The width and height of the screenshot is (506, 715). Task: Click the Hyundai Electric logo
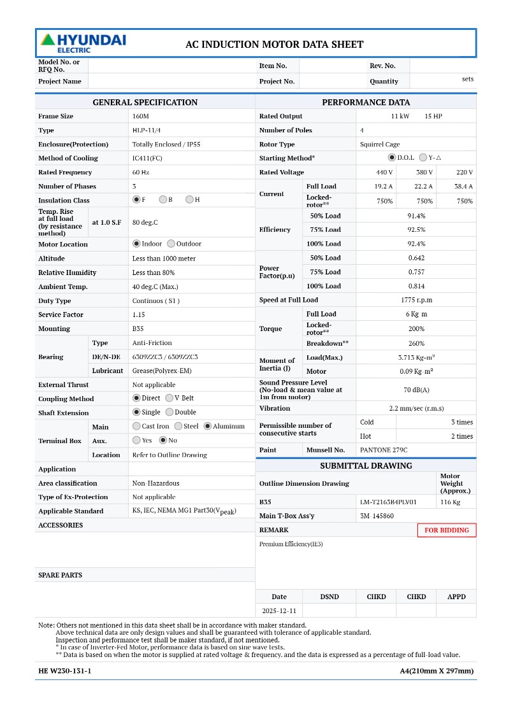(x=83, y=43)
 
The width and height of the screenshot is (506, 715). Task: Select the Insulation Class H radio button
(x=189, y=200)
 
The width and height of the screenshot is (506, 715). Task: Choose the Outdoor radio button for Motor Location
(x=171, y=244)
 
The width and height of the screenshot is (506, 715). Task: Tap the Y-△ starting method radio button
(x=423, y=157)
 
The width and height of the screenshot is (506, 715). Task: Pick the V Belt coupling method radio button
(x=169, y=398)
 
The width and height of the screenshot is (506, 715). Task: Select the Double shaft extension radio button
(x=169, y=412)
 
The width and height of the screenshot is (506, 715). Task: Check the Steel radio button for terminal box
(x=178, y=427)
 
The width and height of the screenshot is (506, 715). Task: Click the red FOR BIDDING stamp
(x=446, y=530)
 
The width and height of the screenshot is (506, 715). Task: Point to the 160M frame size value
(x=140, y=117)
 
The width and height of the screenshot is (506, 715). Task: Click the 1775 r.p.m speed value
(x=416, y=300)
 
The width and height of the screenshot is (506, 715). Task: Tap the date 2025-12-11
(x=279, y=611)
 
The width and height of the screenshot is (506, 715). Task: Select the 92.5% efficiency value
(x=416, y=230)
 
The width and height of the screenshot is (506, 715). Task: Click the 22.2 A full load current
(x=423, y=187)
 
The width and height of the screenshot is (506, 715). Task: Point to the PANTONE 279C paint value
(x=384, y=450)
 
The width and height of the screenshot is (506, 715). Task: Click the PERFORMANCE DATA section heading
(x=366, y=103)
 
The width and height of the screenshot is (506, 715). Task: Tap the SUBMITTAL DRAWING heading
(x=366, y=466)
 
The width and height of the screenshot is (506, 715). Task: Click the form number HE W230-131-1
(x=65, y=671)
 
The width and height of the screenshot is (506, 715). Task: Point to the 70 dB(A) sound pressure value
(x=416, y=390)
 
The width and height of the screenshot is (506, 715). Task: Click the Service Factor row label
(x=61, y=315)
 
